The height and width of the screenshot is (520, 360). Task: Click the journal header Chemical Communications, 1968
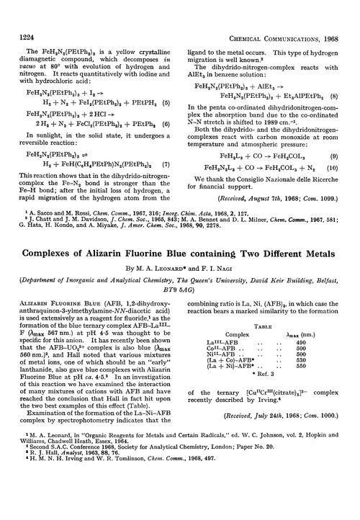coord(289,12)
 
